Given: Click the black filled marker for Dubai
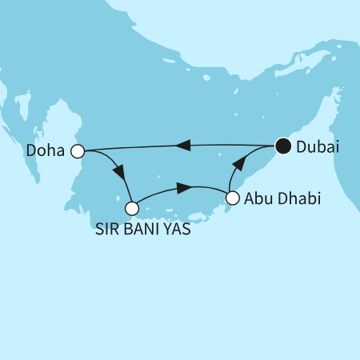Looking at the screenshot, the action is point(282,146).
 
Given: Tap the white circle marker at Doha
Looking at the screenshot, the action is point(78,150).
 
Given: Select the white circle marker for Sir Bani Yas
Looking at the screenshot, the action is point(133,208).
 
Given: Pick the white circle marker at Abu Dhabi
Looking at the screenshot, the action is point(233,198).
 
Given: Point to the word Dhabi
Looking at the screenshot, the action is point(299,198).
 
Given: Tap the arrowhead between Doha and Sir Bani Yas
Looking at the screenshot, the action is point(119,174).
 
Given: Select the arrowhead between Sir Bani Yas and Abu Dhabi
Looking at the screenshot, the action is point(182,188).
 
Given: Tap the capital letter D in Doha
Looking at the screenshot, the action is point(30,150).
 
